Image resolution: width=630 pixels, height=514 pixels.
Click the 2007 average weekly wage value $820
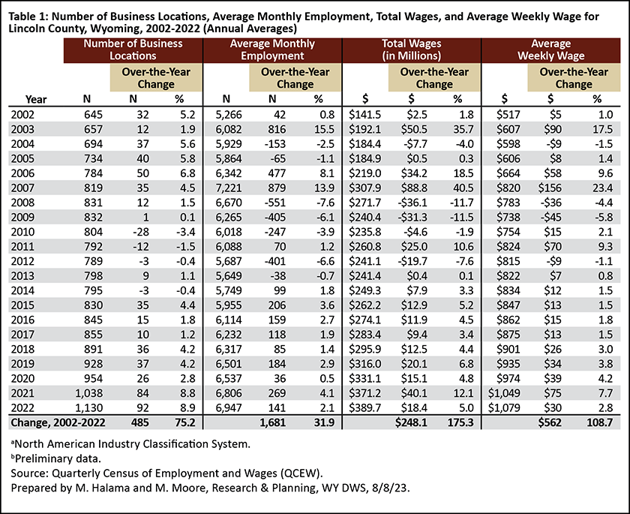[x=508, y=188]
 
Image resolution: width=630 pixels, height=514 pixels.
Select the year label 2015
[x=22, y=305]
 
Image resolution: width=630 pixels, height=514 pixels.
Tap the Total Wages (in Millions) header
[x=412, y=50]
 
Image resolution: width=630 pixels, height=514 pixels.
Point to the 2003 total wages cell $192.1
[x=364, y=129]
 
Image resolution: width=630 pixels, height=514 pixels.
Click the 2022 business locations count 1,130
[x=88, y=407]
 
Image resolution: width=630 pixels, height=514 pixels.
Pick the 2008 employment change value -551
[x=274, y=202]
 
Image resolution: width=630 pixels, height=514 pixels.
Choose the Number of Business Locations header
[x=133, y=50]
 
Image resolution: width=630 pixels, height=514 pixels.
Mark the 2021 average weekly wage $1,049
[x=504, y=393]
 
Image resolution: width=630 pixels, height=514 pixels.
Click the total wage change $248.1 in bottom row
[x=411, y=422]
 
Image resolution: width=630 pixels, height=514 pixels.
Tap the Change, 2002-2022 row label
[x=58, y=422]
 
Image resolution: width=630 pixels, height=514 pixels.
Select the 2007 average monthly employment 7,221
[x=229, y=188]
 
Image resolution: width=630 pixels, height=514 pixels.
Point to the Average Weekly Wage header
[x=550, y=50]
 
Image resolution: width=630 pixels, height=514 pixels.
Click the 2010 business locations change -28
[x=141, y=231]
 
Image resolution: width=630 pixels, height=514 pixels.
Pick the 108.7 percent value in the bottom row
[x=599, y=422]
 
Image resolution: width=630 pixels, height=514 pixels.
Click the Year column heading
[x=36, y=99]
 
